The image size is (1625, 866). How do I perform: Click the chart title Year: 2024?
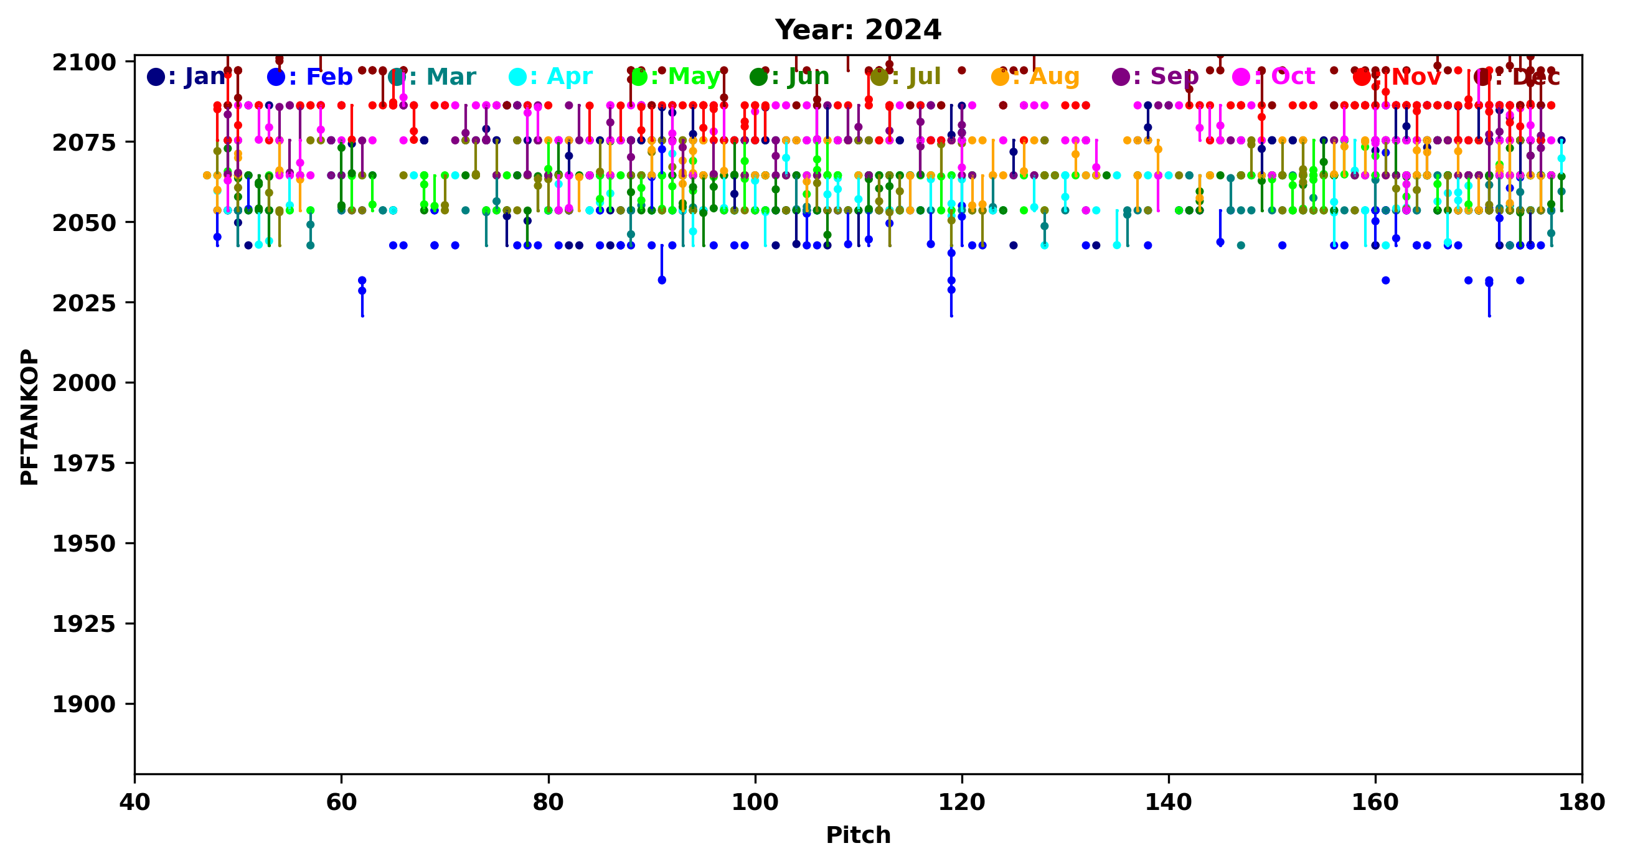tap(858, 31)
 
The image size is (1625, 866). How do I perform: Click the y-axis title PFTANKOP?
tap(29, 417)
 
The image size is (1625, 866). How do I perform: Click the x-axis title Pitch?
tap(858, 835)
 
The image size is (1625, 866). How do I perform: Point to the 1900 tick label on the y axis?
tap(84, 705)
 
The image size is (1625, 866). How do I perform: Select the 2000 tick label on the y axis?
tap(84, 383)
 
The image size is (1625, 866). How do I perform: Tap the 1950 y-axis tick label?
tap(84, 544)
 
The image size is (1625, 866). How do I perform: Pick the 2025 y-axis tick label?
tap(84, 303)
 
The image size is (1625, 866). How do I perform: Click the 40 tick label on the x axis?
tap(134, 802)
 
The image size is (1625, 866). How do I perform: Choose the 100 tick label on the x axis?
tap(755, 802)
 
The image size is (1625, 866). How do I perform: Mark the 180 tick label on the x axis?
tap(1582, 802)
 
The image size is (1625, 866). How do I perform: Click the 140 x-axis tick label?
tap(1169, 802)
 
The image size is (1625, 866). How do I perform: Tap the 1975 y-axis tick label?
tap(84, 464)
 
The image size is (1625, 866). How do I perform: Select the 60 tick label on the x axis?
tap(341, 802)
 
